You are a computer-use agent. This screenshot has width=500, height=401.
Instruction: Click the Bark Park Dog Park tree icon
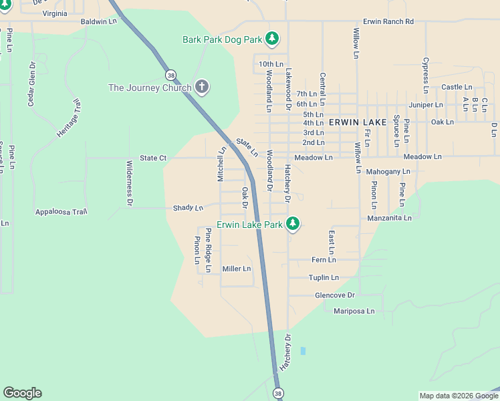click(271, 39)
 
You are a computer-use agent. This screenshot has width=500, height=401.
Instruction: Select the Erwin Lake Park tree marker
click(292, 224)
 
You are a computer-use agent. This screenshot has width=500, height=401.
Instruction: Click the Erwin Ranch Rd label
click(388, 21)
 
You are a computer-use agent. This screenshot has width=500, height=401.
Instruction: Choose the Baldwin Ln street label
click(98, 21)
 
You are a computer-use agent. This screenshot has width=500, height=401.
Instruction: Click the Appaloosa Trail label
click(61, 212)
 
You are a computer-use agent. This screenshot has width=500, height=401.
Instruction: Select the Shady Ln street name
click(188, 208)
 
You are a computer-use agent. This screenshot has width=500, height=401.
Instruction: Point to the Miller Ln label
click(237, 269)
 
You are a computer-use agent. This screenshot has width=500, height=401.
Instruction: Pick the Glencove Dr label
click(334, 295)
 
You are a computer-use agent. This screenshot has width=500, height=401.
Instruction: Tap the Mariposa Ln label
click(354, 311)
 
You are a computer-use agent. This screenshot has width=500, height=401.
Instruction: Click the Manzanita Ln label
click(390, 218)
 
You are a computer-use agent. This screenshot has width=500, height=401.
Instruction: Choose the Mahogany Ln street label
click(388, 172)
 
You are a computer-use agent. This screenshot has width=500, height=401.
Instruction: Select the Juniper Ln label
click(426, 104)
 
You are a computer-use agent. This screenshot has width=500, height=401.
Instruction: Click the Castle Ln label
click(457, 87)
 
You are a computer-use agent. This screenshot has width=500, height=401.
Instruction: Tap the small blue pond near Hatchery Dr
click(303, 350)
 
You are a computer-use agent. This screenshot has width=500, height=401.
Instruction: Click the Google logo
click(22, 393)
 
